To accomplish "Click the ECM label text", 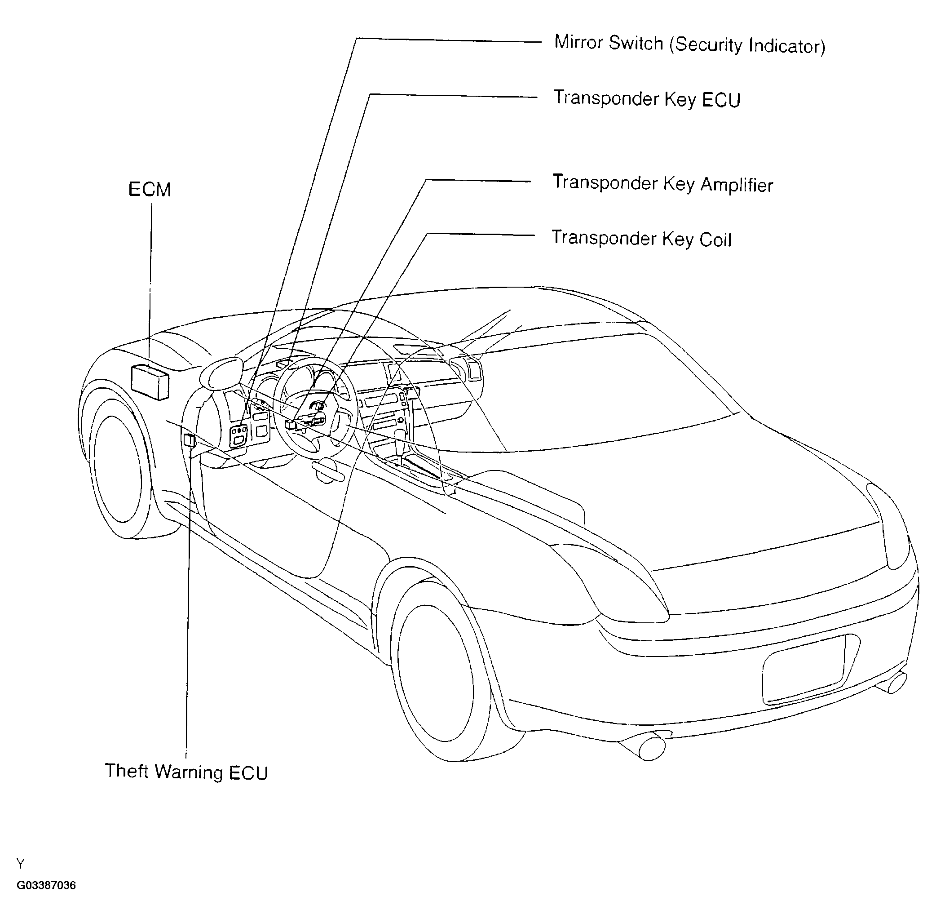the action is tap(150, 190).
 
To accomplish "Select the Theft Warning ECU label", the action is tap(186, 771).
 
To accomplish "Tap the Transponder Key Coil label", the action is tap(641, 239).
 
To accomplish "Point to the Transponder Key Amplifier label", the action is tap(663, 184).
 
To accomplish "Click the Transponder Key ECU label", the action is tap(647, 99).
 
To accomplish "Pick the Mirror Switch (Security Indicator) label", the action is tap(690, 44).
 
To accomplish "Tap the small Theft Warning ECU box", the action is tap(190, 440).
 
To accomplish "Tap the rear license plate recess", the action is tap(804, 670).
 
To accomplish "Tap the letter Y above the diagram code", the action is tap(20, 863).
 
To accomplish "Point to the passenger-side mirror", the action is tap(468, 369).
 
